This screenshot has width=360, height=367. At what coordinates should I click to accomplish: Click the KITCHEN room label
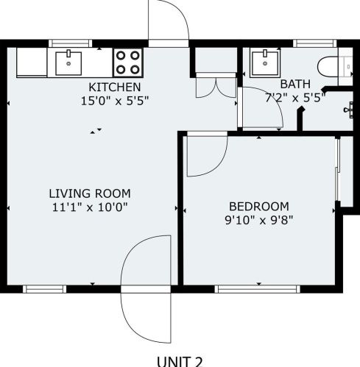pyautogui.click(x=115, y=87)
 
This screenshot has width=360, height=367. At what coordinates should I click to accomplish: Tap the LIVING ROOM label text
pyautogui.click(x=90, y=193)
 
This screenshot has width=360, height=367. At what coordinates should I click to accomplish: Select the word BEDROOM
pyautogui.click(x=259, y=207)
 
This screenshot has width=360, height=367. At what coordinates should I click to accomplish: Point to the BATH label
pyautogui.click(x=295, y=84)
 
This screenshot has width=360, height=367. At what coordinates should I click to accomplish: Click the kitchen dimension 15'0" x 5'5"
pyautogui.click(x=115, y=101)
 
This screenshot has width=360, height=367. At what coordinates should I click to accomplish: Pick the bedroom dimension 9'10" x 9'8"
pyautogui.click(x=259, y=220)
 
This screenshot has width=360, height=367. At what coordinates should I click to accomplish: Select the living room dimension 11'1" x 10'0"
pyautogui.click(x=90, y=207)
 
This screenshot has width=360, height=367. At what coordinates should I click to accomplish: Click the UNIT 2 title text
pyautogui.click(x=180, y=362)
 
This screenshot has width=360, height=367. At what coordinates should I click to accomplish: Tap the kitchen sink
pyautogui.click(x=68, y=63)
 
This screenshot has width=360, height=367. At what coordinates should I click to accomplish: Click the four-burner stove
pyautogui.click(x=128, y=63)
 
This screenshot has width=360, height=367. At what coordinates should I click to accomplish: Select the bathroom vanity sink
pyautogui.click(x=265, y=63)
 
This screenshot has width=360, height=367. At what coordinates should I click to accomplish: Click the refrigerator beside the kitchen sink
pyautogui.click(x=32, y=63)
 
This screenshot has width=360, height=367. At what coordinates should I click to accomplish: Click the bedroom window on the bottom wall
pyautogui.click(x=258, y=289)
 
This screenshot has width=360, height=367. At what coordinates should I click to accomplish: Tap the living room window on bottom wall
pyautogui.click(x=45, y=289)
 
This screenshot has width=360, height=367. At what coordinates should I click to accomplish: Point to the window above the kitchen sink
pyautogui.click(x=71, y=43)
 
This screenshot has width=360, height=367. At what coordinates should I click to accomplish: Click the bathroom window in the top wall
pyautogui.click(x=315, y=43)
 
